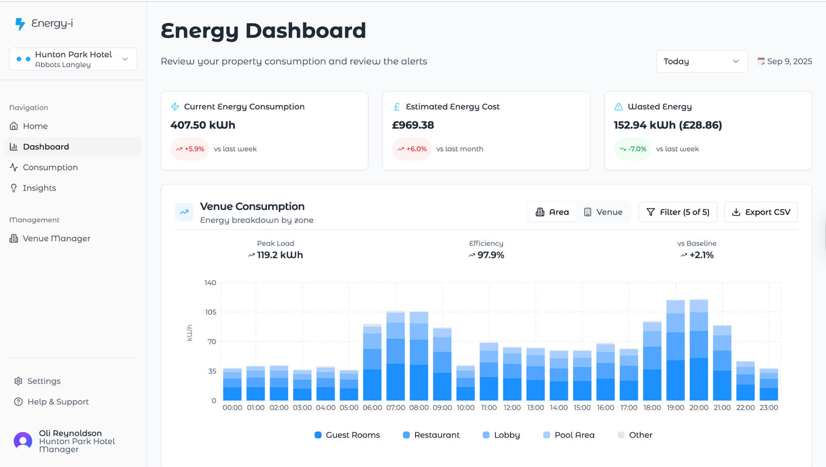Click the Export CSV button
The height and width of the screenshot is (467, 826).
[761, 212]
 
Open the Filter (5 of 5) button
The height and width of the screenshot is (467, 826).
[678, 212]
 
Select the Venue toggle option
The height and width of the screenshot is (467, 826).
[603, 212]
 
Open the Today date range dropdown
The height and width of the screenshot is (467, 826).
[701, 61]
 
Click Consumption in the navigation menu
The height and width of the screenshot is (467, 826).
[50, 167]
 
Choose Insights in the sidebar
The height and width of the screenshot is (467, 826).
[39, 188]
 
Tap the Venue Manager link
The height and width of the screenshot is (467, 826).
[56, 238]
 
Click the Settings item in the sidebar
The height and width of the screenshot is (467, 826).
[44, 381]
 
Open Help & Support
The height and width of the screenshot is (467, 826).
[58, 402]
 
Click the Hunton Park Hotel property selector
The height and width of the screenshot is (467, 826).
[73, 59]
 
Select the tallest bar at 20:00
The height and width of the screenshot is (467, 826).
[699, 350]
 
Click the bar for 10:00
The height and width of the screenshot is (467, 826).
[466, 384]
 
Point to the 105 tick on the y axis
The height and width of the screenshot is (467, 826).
[210, 312]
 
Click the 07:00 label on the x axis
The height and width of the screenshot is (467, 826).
[395, 407]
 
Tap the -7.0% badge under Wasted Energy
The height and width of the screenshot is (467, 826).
[633, 149]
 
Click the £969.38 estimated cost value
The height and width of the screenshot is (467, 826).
[413, 125]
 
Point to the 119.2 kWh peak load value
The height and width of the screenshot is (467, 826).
[280, 255]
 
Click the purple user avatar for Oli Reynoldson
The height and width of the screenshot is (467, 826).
[23, 441]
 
